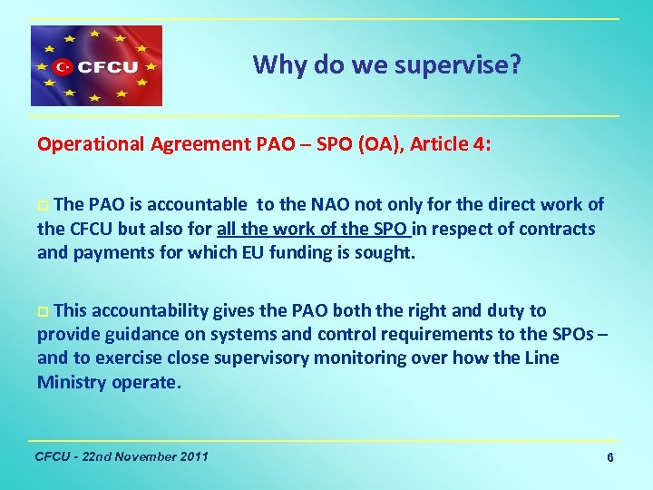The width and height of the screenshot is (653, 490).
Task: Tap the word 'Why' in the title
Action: pos(274,64)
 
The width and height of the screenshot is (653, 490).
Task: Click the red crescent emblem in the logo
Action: pos(63,66)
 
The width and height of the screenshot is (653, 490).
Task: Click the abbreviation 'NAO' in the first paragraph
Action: pos(333,204)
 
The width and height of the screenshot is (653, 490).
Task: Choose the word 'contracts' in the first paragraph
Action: pos(558,229)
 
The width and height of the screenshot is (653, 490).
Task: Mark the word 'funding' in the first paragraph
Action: pos(295,253)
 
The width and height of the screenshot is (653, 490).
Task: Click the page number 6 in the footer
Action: pos(610,458)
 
